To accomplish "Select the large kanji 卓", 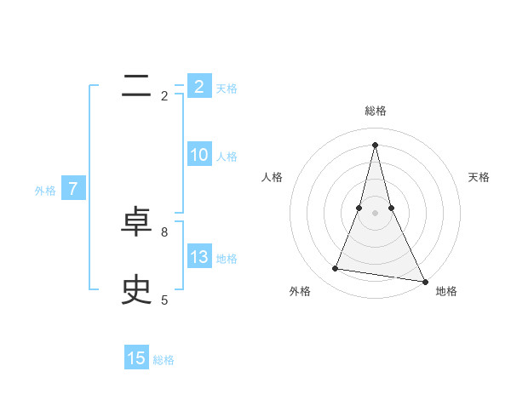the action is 136,222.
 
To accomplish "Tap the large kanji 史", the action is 136,290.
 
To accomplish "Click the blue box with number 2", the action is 198,86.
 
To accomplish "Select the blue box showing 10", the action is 198,155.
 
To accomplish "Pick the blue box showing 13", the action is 198,257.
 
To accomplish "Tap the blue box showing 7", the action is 73,189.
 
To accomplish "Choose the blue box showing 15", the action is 136,358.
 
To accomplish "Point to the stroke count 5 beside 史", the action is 164,300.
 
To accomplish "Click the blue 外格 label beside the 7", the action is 45,191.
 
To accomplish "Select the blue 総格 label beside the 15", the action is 164,360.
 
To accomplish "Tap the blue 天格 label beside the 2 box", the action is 226,88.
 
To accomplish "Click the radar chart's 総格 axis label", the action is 375,111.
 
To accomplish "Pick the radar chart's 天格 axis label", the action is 479,177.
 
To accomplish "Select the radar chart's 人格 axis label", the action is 272,177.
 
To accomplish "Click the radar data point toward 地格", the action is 424,280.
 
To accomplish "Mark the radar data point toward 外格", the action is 336,269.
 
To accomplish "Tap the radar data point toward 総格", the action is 375,144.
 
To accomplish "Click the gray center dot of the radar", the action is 375,212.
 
